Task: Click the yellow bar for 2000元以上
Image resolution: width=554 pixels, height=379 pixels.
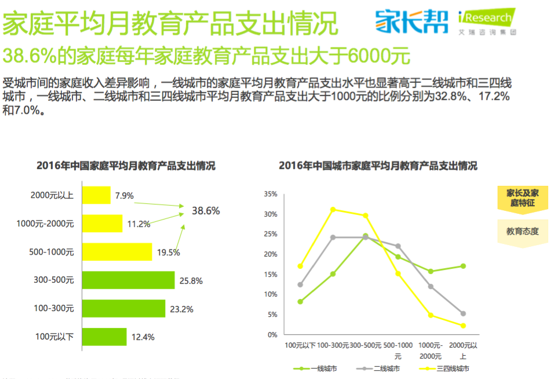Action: (96, 195)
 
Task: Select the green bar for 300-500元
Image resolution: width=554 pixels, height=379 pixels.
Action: (128, 280)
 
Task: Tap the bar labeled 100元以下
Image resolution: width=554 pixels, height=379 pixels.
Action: (104, 336)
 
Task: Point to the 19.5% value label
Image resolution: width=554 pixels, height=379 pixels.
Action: (167, 252)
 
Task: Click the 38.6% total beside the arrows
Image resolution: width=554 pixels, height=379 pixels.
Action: (206, 211)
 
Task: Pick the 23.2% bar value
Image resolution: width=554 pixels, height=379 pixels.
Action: (181, 309)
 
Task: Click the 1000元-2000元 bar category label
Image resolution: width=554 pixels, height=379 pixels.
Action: (45, 224)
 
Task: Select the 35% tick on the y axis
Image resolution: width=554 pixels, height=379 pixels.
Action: (270, 194)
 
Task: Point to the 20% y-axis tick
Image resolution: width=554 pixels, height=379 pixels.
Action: (270, 254)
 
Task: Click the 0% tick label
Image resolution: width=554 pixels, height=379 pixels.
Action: (272, 335)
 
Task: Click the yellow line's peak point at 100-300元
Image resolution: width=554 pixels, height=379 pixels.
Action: (333, 209)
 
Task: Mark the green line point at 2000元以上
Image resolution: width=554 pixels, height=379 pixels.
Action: (463, 266)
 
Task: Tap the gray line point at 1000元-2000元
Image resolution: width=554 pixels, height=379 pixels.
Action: (431, 286)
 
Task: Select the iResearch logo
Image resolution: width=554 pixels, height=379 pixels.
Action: (485, 21)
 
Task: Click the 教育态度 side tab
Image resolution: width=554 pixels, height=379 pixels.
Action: (522, 232)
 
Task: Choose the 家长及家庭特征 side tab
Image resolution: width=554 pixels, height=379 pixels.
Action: (522, 198)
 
